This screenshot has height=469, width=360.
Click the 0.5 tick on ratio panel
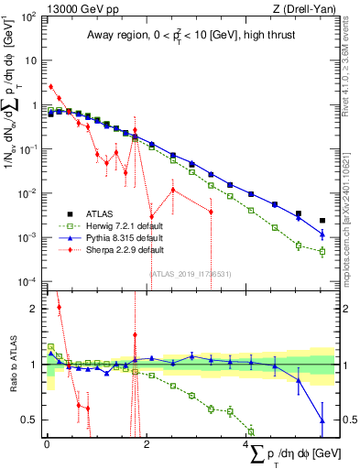[33, 420]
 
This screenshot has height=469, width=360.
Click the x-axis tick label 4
[247, 444]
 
